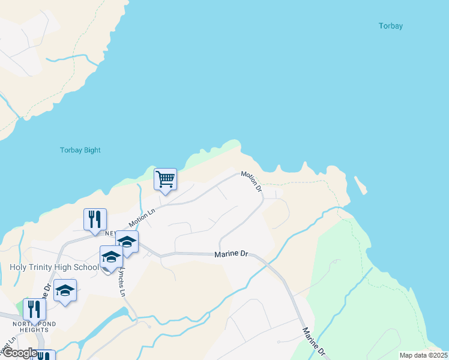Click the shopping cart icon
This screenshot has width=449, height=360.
pos(165,179)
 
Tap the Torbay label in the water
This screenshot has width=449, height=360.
pos(391,26)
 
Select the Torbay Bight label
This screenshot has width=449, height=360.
pos(80,150)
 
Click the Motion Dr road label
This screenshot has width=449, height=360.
pos(252,181)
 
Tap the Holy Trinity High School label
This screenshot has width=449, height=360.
pos(54,267)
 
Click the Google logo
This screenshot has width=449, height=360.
pos(19,353)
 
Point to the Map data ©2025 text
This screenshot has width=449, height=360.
pos(423,355)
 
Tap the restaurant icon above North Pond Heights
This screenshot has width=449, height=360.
pos(35,309)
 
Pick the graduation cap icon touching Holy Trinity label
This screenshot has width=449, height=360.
pos(111,257)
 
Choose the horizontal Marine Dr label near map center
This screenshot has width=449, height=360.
pos(231,254)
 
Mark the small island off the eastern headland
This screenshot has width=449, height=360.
pos(360,184)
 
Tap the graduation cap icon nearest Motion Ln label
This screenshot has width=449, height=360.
pos(127,242)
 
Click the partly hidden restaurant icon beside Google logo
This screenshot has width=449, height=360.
pos(44,356)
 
